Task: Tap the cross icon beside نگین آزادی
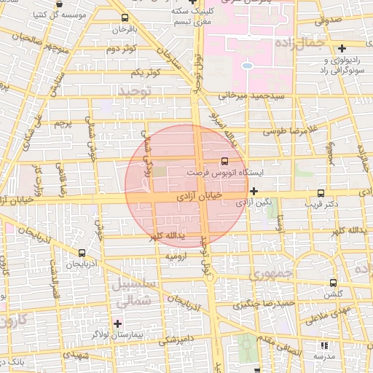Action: click(x=253, y=192)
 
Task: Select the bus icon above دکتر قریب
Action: click(x=321, y=193)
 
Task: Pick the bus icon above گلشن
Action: click(x=334, y=283)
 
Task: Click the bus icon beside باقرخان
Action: click(x=125, y=18)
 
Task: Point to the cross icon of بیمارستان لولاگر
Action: click(x=117, y=323)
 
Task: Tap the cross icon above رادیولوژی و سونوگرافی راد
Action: click(x=342, y=48)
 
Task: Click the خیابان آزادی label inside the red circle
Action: click(x=202, y=197)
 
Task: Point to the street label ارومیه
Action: click(x=178, y=256)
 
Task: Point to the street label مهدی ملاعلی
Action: click(x=328, y=315)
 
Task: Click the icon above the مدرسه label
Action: click(x=324, y=345)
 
